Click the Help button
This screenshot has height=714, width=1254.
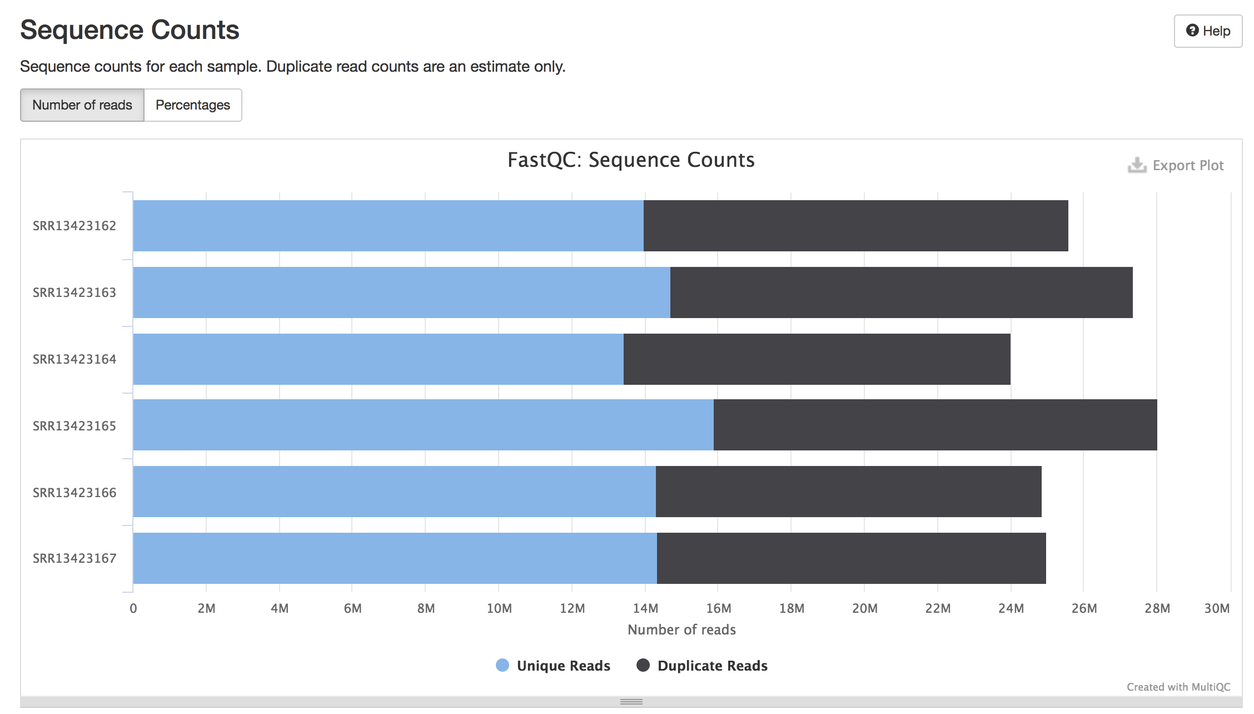tap(1207, 31)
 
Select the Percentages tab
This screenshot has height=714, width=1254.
tap(192, 105)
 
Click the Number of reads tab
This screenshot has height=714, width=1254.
tap(82, 105)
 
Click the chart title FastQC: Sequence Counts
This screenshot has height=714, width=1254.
tap(631, 160)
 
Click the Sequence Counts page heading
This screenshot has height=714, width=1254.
tap(130, 30)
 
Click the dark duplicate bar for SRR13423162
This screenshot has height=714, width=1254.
tap(856, 226)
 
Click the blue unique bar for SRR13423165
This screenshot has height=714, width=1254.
tap(422, 425)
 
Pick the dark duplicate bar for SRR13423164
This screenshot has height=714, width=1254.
tap(817, 359)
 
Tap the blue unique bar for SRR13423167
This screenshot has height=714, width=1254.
tap(395, 558)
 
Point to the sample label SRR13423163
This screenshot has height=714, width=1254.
tap(74, 292)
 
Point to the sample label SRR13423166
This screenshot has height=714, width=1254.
tap(74, 493)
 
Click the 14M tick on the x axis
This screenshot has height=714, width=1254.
tap(645, 608)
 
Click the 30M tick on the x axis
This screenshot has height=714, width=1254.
tap(1217, 608)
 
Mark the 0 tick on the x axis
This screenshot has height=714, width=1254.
tap(133, 608)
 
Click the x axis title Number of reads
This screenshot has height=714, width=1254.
tap(681, 629)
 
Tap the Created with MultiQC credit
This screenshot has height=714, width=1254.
tap(1178, 687)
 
